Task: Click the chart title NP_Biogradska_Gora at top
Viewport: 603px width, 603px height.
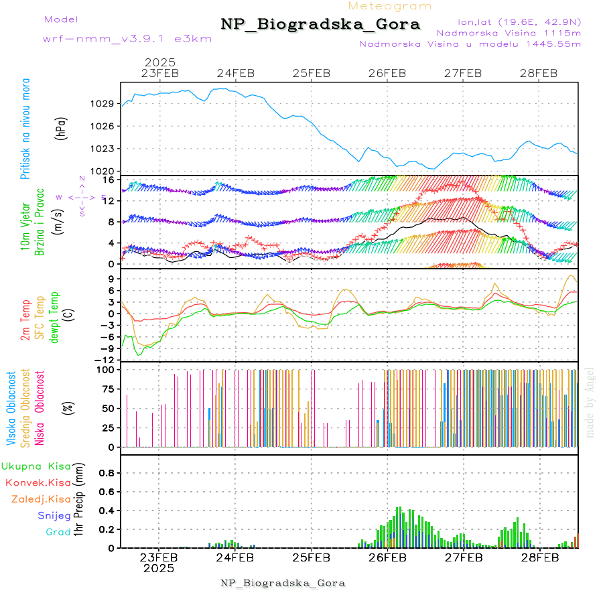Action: pos(320,25)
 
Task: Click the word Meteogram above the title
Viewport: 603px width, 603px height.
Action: pos(391,6)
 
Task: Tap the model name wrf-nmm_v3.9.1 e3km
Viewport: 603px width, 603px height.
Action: pos(127,39)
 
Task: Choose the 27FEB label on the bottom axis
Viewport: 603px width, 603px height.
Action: pos(463,557)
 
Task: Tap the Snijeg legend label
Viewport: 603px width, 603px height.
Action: pos(53,515)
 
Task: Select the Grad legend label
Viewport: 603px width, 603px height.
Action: pos(58,532)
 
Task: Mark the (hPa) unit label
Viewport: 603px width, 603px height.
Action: pos(61,127)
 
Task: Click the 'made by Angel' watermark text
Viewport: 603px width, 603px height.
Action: pos(590,402)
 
